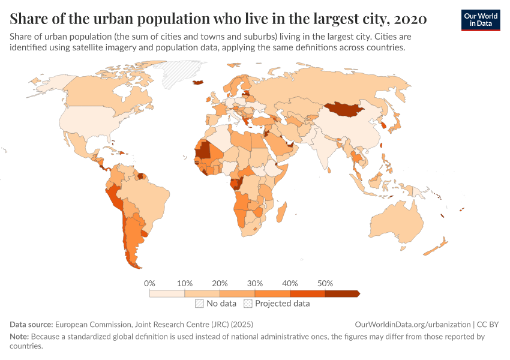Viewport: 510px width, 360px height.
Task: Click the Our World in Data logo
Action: [x=481, y=20]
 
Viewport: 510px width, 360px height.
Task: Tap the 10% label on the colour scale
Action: [x=185, y=283]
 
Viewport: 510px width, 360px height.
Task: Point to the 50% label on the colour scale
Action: [x=325, y=283]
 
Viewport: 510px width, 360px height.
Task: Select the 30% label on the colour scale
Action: [x=255, y=283]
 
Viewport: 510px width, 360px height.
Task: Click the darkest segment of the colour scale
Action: [x=341, y=293]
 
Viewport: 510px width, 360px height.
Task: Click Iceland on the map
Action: [x=197, y=83]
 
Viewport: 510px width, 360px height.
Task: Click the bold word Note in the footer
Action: [x=20, y=337]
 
